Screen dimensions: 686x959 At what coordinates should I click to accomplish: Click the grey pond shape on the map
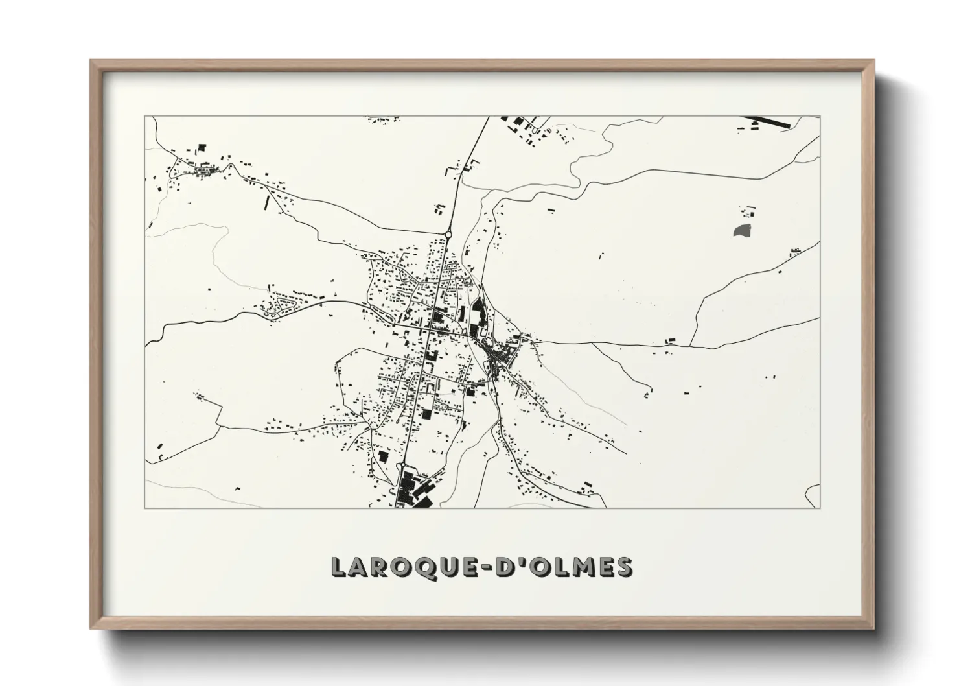(742, 230)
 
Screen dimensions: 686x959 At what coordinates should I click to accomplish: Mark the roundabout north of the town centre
(447, 235)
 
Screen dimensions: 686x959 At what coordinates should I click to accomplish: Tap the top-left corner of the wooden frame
(91, 62)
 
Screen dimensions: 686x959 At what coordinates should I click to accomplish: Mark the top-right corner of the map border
(820, 116)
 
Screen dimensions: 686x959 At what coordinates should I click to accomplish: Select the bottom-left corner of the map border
(144, 508)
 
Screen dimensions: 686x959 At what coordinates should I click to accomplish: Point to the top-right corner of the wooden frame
(873, 62)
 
